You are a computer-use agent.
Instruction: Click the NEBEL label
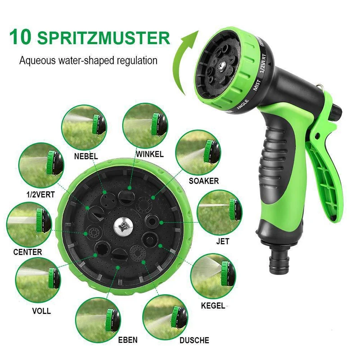[86, 156]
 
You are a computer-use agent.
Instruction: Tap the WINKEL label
[150, 154]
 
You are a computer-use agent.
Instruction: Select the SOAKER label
[204, 181]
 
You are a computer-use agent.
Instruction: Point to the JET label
[223, 241]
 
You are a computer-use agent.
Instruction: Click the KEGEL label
[213, 306]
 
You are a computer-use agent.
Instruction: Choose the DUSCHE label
[194, 340]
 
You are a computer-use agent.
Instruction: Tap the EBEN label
[128, 340]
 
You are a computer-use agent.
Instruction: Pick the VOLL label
[41, 311]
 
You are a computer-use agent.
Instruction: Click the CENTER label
[27, 252]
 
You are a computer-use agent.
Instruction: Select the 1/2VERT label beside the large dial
[40, 195]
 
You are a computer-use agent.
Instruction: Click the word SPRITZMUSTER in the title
[103, 38]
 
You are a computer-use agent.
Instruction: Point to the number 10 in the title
[20, 37]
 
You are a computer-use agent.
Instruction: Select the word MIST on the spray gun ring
[257, 85]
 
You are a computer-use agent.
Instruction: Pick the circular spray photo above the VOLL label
[38, 280]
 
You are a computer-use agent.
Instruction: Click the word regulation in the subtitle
[137, 61]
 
